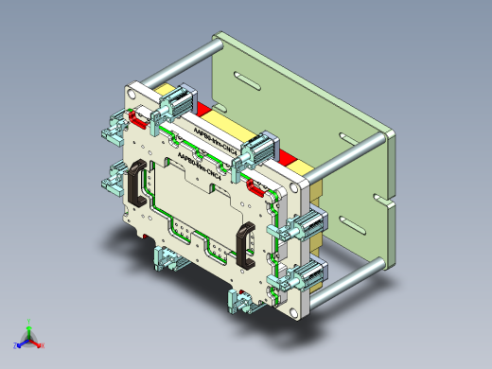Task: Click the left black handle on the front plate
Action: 134,187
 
